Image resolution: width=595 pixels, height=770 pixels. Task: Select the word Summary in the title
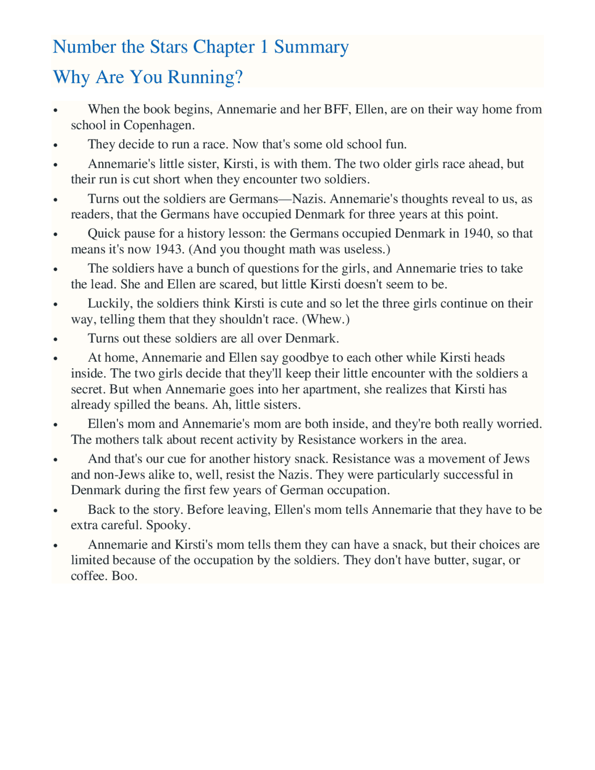click(x=311, y=47)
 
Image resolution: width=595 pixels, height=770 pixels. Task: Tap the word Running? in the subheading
click(x=205, y=77)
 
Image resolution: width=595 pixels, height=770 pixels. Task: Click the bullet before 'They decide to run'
click(x=55, y=145)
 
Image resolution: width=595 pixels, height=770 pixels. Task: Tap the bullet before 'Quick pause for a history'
click(x=55, y=234)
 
